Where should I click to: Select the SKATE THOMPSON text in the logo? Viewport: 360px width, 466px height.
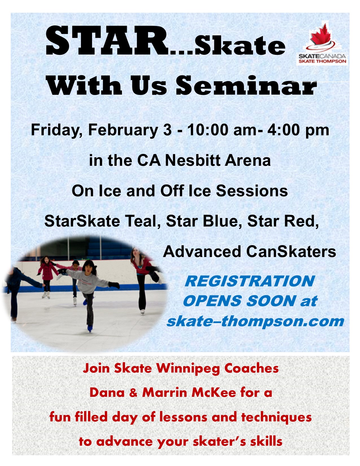tap(322, 61)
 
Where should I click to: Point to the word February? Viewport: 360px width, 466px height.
tap(123, 130)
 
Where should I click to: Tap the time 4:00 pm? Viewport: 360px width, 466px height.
tap(298, 130)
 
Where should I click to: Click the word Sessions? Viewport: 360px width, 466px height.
tap(252, 191)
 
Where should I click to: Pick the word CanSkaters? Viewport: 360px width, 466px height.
tap(291, 252)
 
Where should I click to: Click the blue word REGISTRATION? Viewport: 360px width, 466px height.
tap(250, 281)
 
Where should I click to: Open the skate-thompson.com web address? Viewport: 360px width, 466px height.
tap(255, 322)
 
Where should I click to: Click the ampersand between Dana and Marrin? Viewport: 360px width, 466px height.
tap(133, 393)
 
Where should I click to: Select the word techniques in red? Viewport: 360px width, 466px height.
tap(276, 417)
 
